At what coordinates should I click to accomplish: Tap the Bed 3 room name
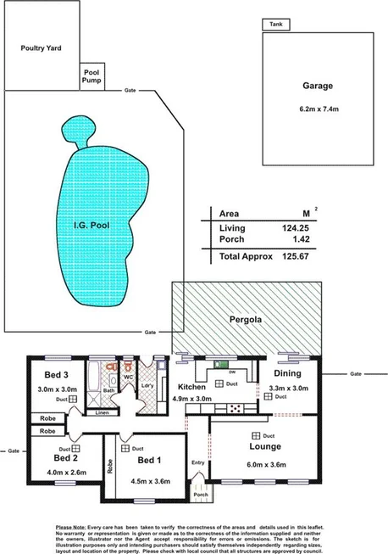[47, 375]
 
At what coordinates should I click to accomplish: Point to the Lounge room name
[265, 446]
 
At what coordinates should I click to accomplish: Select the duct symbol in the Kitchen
[220, 383]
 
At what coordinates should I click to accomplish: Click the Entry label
[197, 462]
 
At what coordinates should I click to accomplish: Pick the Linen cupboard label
[102, 413]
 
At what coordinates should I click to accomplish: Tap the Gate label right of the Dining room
[355, 373]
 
